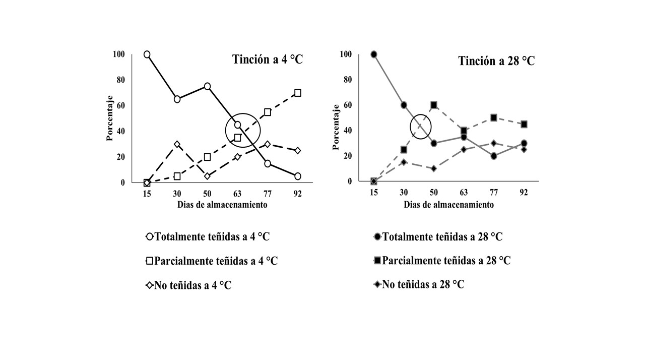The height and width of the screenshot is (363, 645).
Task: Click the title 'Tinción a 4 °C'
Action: point(268,59)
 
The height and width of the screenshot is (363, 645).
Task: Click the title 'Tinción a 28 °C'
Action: point(496,61)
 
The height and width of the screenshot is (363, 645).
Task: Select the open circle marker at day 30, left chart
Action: point(177,99)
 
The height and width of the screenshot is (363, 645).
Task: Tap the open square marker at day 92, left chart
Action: point(298,93)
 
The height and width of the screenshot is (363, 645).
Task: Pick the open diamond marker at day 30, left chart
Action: point(177,144)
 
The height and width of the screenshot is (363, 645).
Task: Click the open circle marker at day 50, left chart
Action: point(207,86)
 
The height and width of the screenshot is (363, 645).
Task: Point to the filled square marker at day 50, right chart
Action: point(433,105)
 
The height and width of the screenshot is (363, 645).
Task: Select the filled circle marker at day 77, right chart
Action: point(494,156)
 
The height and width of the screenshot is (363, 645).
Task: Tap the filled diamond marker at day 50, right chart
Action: point(433,168)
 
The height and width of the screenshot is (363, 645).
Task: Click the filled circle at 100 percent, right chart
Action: point(373,54)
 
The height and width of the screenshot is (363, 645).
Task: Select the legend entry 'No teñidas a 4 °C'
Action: point(189,285)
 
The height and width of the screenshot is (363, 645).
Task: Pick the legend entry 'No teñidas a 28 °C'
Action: point(418,284)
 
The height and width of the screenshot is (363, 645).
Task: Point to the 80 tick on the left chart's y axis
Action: point(120,80)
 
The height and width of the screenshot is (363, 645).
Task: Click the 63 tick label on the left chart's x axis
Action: point(237,194)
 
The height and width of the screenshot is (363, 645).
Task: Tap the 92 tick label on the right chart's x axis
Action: point(524,193)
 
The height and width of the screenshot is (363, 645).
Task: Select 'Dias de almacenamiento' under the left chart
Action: point(222,205)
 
